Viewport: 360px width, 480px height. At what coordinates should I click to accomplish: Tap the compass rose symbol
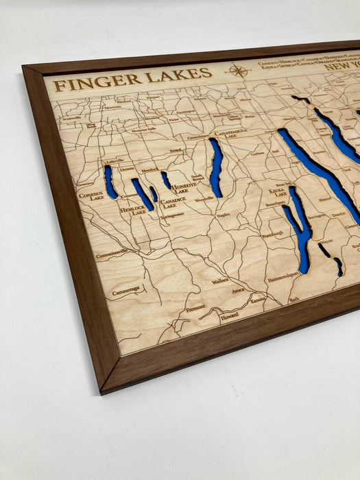pyautogui.click(x=237, y=71)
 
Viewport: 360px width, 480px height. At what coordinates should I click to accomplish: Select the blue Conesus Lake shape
pyautogui.click(x=110, y=182)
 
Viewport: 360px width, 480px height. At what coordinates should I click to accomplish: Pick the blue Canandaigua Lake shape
pyautogui.click(x=216, y=167)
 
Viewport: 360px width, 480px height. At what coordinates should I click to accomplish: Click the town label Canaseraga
pyautogui.click(x=126, y=290)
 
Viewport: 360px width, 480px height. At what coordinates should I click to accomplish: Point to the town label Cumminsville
pyautogui.click(x=112, y=254)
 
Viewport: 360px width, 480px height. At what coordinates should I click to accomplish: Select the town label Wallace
pyautogui.click(x=220, y=280)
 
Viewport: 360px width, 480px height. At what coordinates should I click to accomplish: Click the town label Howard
pyautogui.click(x=230, y=317)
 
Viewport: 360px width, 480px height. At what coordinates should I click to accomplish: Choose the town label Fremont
pyautogui.click(x=195, y=307)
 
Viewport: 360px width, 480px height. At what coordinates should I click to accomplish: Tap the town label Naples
pyautogui.click(x=224, y=215)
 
